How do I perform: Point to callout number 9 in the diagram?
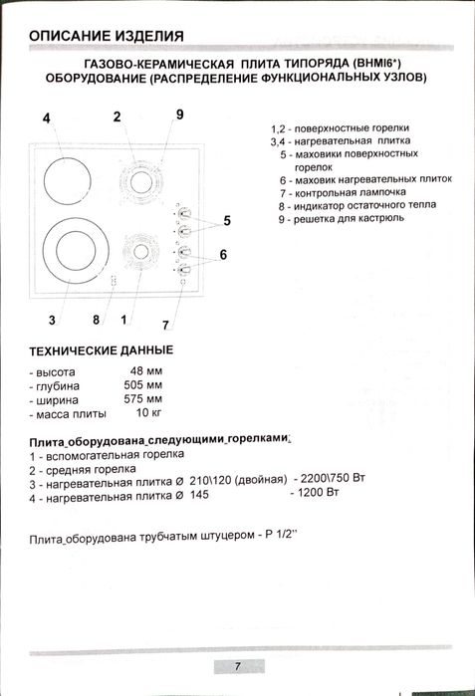[x=179, y=115]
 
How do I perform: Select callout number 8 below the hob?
[x=97, y=320]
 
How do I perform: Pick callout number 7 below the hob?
[x=166, y=325]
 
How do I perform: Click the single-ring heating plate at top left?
[x=65, y=178]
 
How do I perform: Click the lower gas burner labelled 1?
[x=134, y=251]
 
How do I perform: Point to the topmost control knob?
[x=183, y=212]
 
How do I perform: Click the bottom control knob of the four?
[x=183, y=269]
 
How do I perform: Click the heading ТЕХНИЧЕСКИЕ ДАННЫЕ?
[x=101, y=351]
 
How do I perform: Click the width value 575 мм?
[x=142, y=399]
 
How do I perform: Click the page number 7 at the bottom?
[x=238, y=665]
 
